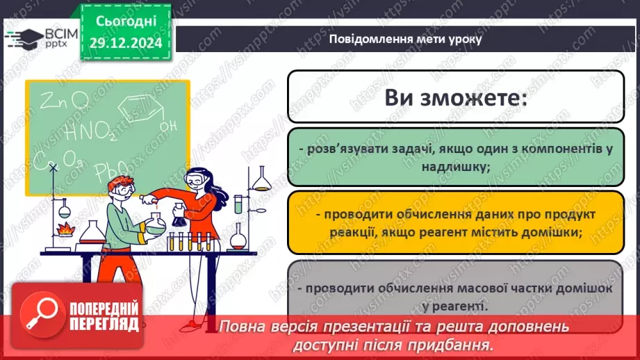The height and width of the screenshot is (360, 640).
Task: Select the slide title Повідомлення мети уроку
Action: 405,39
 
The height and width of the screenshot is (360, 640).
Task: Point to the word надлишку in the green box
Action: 455,166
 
